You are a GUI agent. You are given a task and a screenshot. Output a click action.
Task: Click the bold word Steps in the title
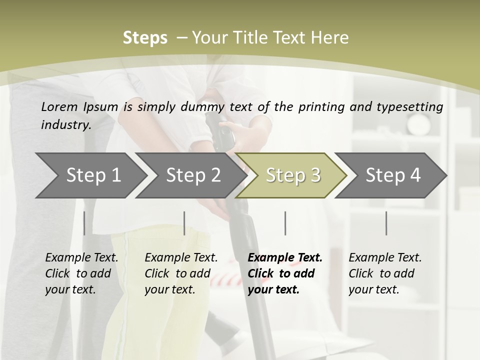click(145, 38)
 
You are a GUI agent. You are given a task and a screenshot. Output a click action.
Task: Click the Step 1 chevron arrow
click(93, 175)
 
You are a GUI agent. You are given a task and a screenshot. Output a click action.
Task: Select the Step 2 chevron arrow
click(193, 175)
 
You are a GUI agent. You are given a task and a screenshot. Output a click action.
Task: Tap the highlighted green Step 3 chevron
click(293, 175)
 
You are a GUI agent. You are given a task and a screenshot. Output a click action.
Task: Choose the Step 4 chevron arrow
click(393, 175)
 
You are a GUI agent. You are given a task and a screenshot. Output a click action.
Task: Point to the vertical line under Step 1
click(84, 223)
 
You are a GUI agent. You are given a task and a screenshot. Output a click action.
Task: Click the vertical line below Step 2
click(184, 223)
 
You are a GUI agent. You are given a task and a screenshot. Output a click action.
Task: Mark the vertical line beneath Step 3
click(285, 223)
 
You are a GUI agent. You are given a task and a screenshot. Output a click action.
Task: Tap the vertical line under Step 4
click(386, 223)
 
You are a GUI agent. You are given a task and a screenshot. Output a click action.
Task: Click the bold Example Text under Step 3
click(285, 258)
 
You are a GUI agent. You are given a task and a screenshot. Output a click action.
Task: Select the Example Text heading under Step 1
click(81, 258)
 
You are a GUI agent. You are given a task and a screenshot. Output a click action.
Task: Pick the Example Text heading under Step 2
click(181, 258)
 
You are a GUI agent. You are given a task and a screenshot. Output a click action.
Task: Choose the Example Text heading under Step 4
click(385, 258)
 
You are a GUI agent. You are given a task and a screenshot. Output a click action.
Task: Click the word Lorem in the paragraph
click(59, 106)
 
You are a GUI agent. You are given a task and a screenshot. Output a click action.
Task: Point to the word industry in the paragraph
click(66, 125)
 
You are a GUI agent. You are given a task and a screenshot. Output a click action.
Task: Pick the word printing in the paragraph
click(320, 107)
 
